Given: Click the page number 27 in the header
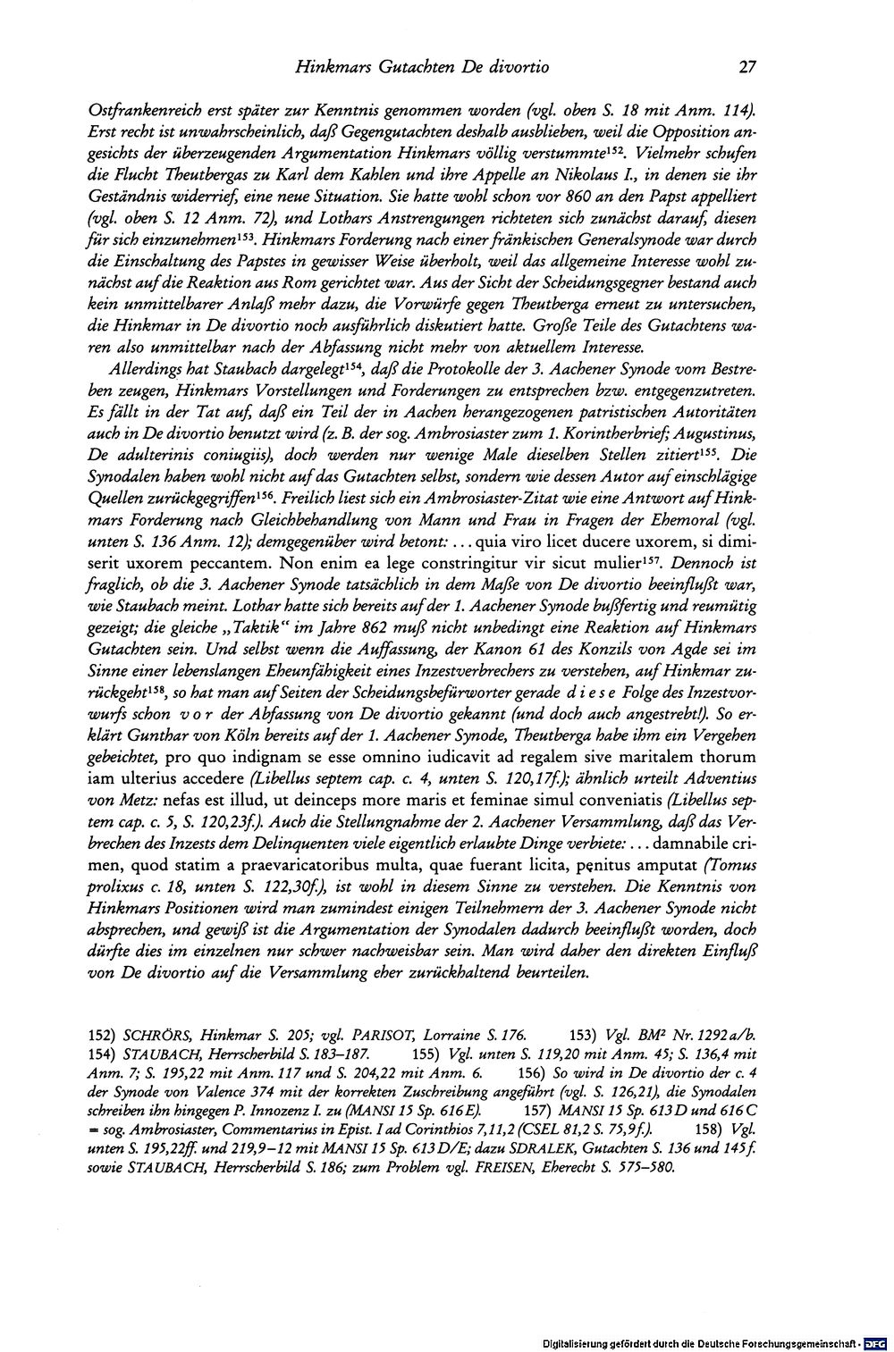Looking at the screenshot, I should tap(748, 66).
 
